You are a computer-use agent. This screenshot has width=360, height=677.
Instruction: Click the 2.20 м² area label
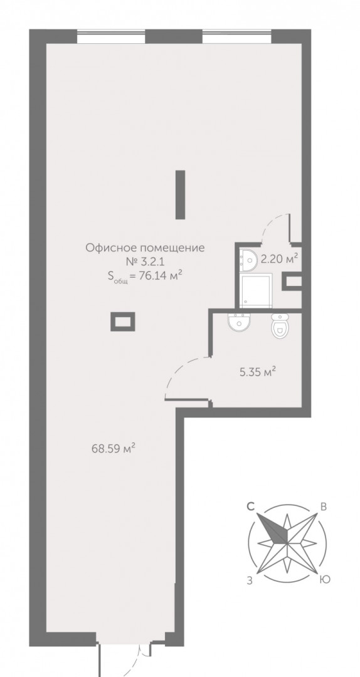click(279, 259)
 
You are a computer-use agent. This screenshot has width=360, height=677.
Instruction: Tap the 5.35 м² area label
click(258, 372)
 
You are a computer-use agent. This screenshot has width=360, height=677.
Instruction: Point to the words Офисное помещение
click(145, 248)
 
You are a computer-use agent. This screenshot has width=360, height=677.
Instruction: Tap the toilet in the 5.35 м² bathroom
click(280, 325)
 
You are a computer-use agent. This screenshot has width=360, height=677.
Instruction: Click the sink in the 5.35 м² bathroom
click(239, 322)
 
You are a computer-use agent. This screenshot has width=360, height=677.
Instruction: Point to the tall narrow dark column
click(180, 194)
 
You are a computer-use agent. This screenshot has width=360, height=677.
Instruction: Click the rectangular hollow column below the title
click(123, 322)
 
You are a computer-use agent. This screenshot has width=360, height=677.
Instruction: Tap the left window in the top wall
click(111, 36)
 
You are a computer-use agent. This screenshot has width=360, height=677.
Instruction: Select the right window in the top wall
click(237, 36)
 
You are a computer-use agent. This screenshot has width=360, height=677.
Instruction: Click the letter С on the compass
click(250, 507)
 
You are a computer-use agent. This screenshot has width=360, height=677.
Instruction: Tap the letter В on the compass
click(323, 507)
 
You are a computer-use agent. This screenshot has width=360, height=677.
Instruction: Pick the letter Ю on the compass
click(324, 580)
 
